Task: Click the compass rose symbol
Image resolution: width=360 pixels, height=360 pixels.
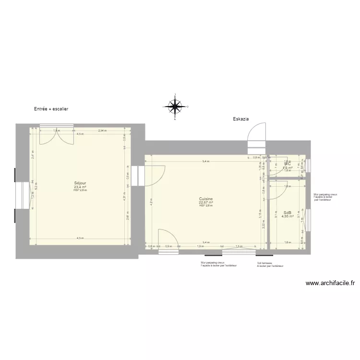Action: [176, 106]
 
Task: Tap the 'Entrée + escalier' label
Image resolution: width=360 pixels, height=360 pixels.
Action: [51, 109]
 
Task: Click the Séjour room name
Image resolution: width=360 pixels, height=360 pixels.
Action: [80, 183]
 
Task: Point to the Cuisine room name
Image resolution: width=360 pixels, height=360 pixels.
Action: [206, 198]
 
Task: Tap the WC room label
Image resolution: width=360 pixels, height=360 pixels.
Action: [288, 164]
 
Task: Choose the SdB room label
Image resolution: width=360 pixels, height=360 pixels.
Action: [288, 213]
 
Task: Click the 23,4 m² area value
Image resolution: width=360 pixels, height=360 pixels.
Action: [80, 187]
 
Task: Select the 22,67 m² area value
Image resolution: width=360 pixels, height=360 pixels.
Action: [206, 202]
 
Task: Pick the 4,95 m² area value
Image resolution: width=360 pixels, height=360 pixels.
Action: [288, 216]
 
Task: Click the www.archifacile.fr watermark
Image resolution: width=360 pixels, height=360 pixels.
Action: [330, 283]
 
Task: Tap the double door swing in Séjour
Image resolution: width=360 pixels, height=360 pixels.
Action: [56, 137]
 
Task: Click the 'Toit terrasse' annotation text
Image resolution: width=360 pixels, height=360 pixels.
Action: [264, 263]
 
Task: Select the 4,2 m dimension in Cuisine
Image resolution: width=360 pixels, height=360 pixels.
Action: [150, 202]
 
